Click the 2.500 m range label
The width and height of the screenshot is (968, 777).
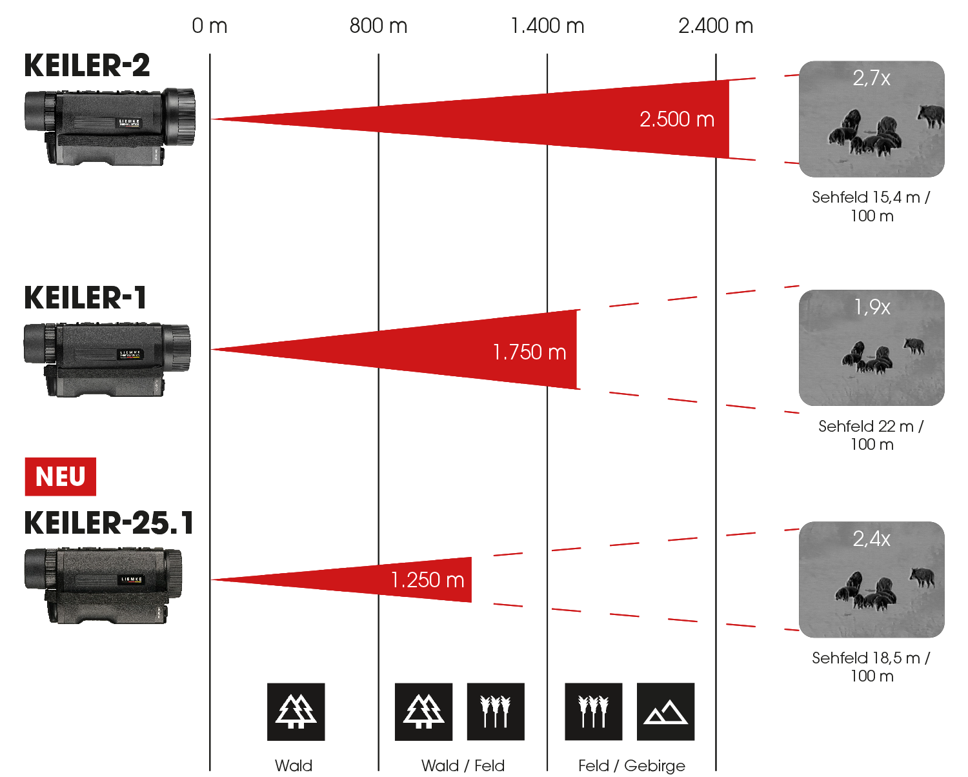click(677, 119)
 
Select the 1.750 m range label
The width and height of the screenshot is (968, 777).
click(529, 352)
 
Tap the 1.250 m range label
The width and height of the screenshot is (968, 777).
click(427, 580)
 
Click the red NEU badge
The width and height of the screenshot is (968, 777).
click(60, 477)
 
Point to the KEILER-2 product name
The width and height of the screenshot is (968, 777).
click(87, 66)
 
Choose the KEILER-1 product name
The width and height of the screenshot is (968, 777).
click(85, 298)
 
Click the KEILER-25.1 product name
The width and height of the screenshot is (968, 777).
click(108, 523)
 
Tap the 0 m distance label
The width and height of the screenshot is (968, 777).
click(210, 26)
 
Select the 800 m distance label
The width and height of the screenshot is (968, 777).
click(378, 26)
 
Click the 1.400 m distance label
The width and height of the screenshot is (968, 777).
click(547, 26)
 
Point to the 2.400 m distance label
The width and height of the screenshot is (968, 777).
click(716, 26)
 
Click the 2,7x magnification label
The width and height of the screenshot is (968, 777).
click(871, 78)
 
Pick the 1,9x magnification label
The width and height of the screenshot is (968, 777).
click(872, 307)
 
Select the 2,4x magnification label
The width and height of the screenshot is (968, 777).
click(871, 539)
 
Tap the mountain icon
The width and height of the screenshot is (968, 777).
click(666, 712)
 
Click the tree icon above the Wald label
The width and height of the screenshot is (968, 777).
click(296, 712)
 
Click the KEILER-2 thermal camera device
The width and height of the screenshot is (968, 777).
click(110, 126)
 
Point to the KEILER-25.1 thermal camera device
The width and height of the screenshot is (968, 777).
click(103, 585)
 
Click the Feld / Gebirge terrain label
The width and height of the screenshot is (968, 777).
click(632, 766)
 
